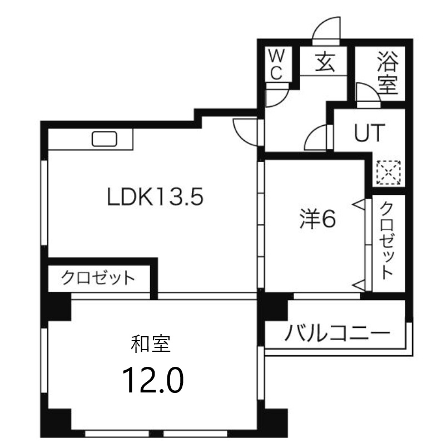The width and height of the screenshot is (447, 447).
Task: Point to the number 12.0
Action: (x=152, y=380)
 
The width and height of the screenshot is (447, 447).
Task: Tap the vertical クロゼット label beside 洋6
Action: (x=387, y=239)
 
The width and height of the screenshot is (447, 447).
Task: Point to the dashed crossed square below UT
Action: (x=388, y=173)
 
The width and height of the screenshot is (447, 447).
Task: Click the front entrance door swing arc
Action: (x=326, y=31)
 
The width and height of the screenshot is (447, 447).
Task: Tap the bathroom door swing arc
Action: (x=367, y=93)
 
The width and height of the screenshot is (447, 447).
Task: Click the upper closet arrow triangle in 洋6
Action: (x=359, y=204)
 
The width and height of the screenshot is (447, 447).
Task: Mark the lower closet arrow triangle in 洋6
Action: (x=359, y=285)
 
